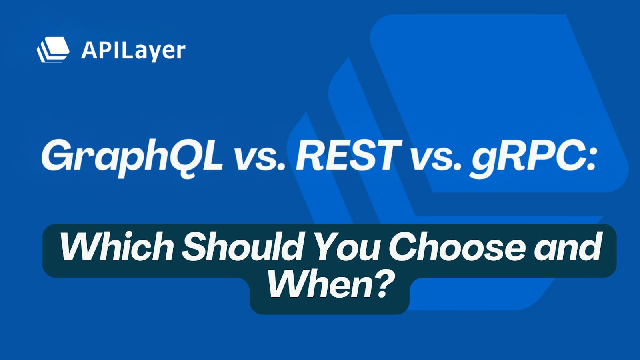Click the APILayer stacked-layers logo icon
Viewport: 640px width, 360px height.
(x=53, y=50)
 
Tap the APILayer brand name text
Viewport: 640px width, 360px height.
(x=133, y=51)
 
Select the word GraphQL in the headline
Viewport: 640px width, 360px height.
(x=132, y=156)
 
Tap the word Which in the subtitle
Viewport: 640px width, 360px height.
(x=116, y=247)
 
